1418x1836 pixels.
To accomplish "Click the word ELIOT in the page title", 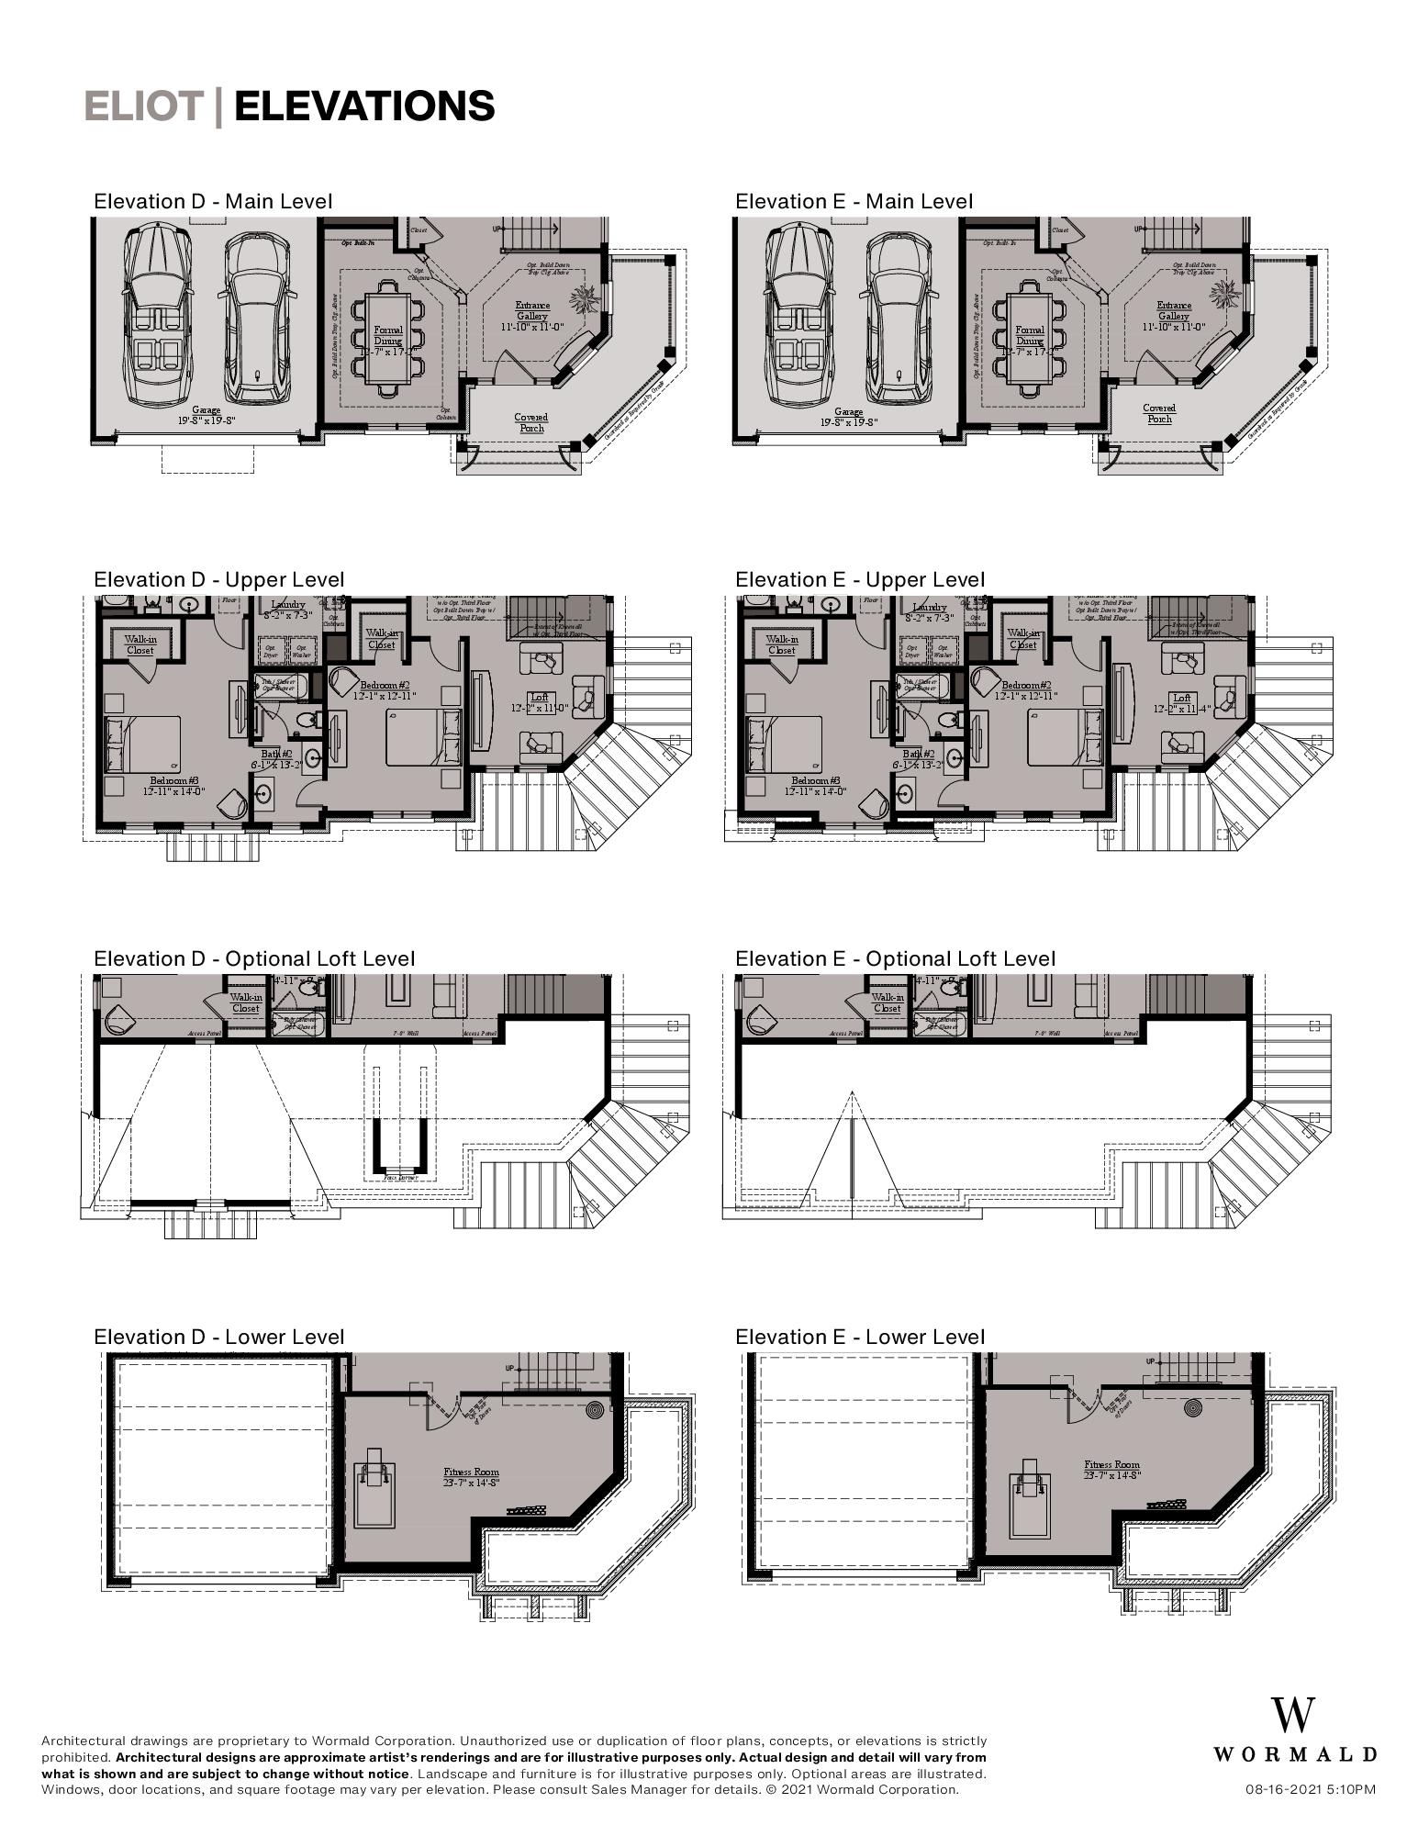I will [x=143, y=106].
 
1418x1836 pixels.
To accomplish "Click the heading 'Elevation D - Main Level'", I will [x=213, y=201].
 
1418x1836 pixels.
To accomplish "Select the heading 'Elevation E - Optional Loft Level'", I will [x=895, y=958].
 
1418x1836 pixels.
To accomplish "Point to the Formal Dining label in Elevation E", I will [x=1030, y=335].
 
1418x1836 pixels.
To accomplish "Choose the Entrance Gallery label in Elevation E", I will [x=1174, y=310].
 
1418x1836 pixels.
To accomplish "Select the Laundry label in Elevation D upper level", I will [x=288, y=606].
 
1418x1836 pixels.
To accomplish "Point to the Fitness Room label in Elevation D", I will [x=472, y=1472].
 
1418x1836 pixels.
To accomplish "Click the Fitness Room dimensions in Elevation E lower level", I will [x=1111, y=1475].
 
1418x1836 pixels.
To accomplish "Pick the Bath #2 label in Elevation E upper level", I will [x=918, y=754].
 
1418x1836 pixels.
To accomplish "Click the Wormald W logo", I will [x=1292, y=1715].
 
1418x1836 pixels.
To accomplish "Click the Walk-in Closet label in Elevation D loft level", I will [x=246, y=1002].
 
